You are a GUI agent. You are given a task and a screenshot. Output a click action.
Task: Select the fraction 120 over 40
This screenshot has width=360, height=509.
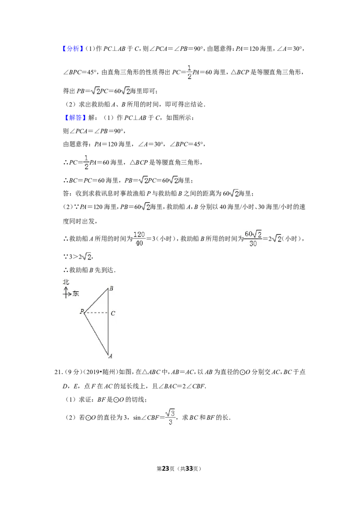[139, 239]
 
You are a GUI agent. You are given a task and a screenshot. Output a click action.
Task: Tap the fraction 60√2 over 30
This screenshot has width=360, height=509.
[253, 239]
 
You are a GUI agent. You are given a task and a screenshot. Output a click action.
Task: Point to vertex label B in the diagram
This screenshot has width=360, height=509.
[112, 288]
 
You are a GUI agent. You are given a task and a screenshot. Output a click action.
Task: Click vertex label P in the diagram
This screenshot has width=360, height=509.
[82, 311]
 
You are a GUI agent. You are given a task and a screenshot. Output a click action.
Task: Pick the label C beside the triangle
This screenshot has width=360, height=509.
[113, 313]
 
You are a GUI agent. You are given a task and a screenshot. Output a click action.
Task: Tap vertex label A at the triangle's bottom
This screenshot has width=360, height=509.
[110, 356]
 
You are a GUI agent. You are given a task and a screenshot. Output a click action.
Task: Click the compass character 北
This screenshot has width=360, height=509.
[66, 282]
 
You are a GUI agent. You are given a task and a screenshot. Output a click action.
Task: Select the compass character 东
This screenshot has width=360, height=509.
[76, 294]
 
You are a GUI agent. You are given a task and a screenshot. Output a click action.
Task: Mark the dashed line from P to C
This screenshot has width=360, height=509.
[96, 313]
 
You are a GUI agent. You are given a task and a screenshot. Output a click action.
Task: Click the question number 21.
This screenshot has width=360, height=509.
[58, 372]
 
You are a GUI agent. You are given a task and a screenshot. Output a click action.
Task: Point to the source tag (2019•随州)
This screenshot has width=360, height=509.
[100, 372]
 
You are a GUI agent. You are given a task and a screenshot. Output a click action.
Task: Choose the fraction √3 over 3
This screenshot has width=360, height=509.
[170, 417]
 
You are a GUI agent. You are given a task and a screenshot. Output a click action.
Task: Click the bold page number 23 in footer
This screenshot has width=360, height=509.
[166, 469]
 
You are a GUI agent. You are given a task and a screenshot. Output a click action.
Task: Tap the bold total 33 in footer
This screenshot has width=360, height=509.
[189, 469]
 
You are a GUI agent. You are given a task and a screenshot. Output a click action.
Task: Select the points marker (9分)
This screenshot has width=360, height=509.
[73, 372]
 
